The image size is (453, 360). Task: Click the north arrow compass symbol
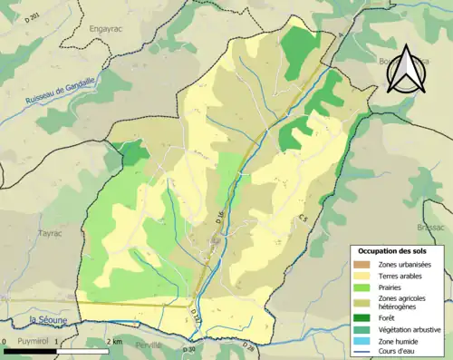(404, 69)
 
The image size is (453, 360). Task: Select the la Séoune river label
(44, 319)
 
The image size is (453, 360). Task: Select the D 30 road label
(188, 348)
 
